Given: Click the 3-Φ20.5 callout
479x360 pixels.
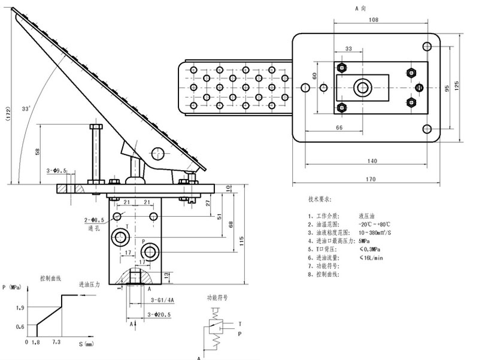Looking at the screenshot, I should [x=160, y=314].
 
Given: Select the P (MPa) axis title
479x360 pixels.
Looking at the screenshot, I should [x=11, y=287].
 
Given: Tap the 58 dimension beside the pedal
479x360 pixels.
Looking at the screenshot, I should [x=38, y=152].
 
